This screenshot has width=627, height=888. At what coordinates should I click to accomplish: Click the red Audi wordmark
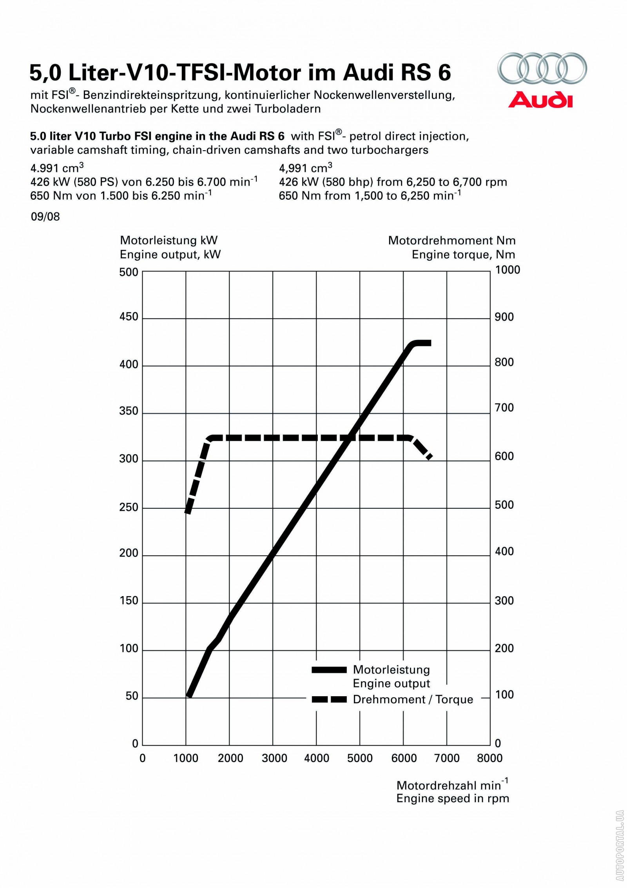coord(540,100)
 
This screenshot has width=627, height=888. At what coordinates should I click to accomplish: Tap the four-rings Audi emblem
coord(542,68)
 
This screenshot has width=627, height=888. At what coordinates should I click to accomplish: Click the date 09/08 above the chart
coord(45,217)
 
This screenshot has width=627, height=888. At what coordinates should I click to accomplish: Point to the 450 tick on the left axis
coord(129,317)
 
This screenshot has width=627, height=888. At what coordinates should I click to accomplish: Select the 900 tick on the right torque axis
coord(504,317)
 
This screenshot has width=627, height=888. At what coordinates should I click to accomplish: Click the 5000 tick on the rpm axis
coord(360,758)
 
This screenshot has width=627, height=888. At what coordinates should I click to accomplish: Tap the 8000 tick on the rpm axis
coord(490,758)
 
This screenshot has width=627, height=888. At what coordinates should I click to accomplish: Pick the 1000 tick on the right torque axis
coord(507,270)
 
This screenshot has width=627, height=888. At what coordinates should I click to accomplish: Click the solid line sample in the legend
coord(329,670)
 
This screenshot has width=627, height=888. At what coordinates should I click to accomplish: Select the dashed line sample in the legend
coord(329,699)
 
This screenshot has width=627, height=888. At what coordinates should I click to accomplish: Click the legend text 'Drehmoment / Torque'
coord(413,699)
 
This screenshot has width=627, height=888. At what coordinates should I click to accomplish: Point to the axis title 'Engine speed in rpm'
coord(452,799)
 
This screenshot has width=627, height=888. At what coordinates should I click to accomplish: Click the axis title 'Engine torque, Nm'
coord(463,255)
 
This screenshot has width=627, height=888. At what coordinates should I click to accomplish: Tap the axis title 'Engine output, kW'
coord(170,255)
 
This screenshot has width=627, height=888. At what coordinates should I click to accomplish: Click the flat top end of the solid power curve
coord(427,343)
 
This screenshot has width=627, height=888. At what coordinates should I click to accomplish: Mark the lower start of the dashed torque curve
coord(188,511)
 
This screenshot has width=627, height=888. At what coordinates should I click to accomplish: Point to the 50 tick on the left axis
coord(132,696)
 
